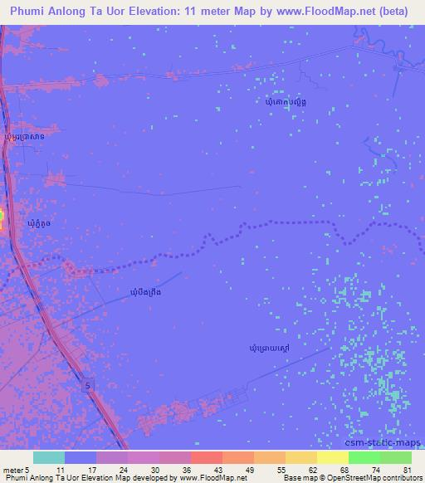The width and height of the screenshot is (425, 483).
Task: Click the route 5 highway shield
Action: [x=87, y=386]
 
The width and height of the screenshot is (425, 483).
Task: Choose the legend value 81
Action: [x=407, y=469]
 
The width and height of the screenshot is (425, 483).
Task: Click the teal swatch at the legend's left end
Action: [x=48, y=457]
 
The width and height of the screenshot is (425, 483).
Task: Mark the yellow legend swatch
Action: [x=333, y=457]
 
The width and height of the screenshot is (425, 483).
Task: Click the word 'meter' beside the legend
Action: [x=12, y=469]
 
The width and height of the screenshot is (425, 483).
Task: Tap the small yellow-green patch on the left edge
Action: [x=2, y=217]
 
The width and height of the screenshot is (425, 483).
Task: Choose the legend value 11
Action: [x=61, y=469]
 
